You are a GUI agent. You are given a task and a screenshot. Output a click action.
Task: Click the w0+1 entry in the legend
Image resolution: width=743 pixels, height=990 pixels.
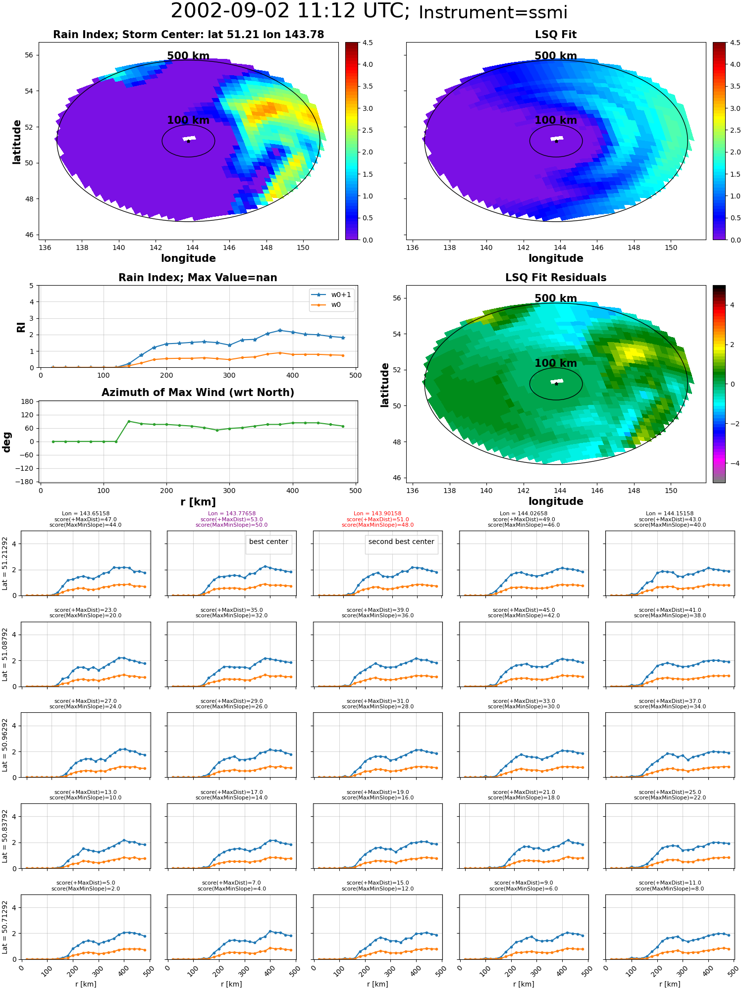pyautogui.click(x=331, y=295)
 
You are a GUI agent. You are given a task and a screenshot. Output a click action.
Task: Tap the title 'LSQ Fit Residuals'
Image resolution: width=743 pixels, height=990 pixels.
pyautogui.click(x=556, y=278)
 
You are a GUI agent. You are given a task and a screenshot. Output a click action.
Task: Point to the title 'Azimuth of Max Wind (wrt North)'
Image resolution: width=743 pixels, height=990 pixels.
pyautogui.click(x=198, y=393)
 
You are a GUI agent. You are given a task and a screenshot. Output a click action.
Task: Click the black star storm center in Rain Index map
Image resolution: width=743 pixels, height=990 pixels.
pyautogui.click(x=188, y=141)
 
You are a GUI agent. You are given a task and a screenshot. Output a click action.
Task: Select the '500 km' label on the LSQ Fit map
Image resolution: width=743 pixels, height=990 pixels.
pyautogui.click(x=556, y=56)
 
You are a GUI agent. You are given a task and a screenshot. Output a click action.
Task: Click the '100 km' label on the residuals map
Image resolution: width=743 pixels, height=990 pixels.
pyautogui.click(x=556, y=363)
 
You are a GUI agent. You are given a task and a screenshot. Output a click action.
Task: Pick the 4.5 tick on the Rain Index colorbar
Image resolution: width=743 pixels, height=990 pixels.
pyautogui.click(x=368, y=43)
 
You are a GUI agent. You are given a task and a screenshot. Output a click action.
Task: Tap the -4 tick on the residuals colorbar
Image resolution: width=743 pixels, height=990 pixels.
pyautogui.click(x=732, y=463)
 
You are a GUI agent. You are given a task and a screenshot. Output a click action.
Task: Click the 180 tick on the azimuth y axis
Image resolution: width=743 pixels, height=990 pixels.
pyautogui.click(x=28, y=401)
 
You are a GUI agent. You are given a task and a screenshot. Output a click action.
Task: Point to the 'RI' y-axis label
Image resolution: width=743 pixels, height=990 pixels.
pyautogui.click(x=21, y=327)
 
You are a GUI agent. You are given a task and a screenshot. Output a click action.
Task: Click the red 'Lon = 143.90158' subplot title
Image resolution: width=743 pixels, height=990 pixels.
pyautogui.click(x=377, y=514)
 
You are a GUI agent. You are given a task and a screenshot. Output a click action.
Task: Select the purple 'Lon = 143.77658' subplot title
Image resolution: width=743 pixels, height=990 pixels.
pyautogui.click(x=232, y=514)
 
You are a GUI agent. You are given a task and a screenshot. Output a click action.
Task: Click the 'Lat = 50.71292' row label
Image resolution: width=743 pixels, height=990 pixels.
pyautogui.click(x=5, y=927)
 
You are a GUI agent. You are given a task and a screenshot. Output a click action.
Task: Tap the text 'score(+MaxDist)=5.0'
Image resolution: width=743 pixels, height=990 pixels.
pyautogui.click(x=86, y=883)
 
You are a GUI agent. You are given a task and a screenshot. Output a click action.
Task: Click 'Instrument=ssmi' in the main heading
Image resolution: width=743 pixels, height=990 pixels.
pyautogui.click(x=493, y=12)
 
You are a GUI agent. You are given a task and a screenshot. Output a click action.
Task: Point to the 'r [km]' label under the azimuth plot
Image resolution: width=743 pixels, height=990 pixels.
pyautogui.click(x=198, y=502)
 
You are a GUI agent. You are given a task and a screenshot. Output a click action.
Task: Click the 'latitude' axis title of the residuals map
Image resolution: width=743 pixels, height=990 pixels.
pyautogui.click(x=384, y=385)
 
